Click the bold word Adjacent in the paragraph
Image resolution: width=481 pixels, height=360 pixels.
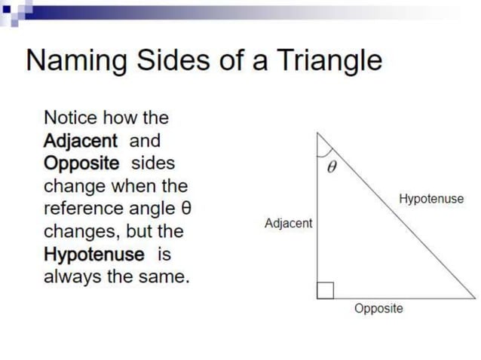[x=81, y=141]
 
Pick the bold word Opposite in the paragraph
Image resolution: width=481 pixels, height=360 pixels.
[x=81, y=163]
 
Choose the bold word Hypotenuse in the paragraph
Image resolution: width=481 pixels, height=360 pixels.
[x=93, y=254]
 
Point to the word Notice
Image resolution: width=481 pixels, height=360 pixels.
[x=71, y=118]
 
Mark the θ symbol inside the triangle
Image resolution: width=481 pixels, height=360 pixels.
[x=330, y=169]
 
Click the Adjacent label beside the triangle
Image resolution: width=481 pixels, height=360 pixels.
[x=288, y=224]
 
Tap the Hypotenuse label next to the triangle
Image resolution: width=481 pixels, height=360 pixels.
[x=430, y=200]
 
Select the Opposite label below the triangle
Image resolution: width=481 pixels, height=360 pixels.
[x=378, y=309]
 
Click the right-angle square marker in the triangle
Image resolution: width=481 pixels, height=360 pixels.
[x=325, y=290]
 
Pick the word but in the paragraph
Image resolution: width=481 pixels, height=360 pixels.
[x=146, y=231]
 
